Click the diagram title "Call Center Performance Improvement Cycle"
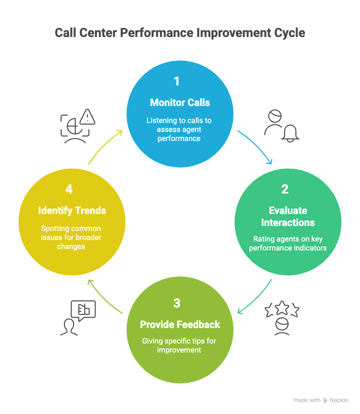(179, 33)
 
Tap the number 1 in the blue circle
(176, 81)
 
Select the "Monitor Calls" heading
(180, 102)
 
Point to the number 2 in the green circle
(285, 189)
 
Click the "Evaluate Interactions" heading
(288, 216)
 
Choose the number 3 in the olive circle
(176, 303)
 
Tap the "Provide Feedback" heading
(180, 324)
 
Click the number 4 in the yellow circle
(69, 189)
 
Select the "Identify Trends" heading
(72, 210)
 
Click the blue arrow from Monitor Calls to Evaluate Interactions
(256, 147)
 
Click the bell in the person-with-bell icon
(290, 132)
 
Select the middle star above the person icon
(282, 307)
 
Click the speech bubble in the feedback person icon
(83, 310)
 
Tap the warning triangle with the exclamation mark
(87, 117)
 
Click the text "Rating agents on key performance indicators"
(288, 243)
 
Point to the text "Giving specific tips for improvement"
(180, 345)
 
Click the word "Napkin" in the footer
(338, 400)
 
